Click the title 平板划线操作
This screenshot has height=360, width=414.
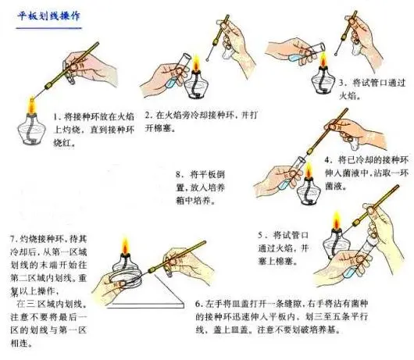pos(49,15)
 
